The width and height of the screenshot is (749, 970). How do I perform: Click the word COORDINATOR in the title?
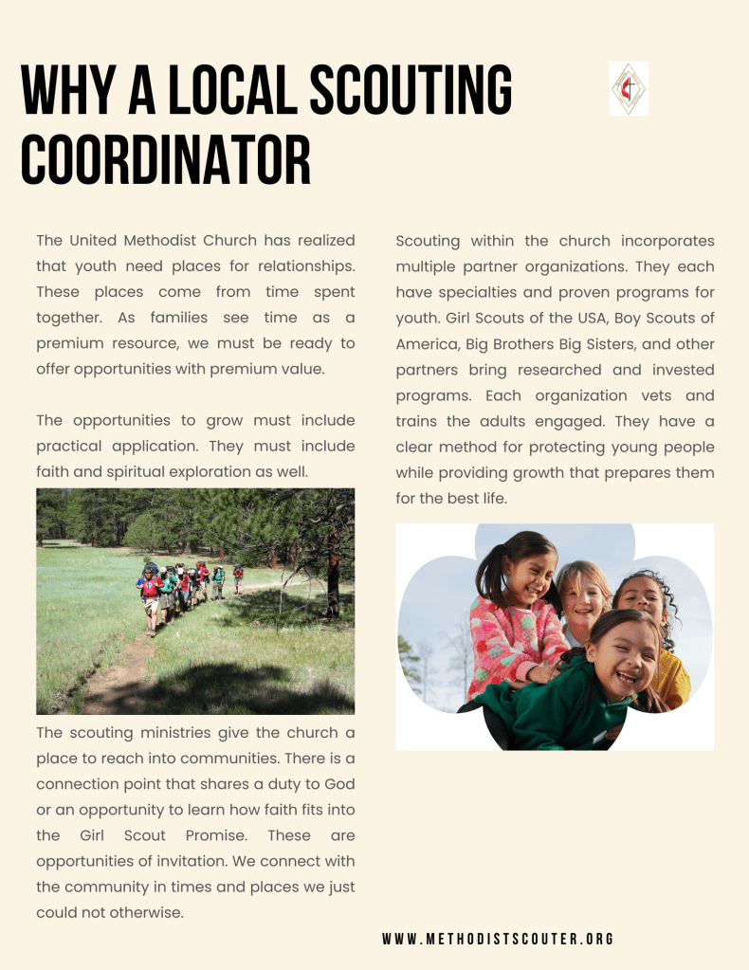[x=166, y=160]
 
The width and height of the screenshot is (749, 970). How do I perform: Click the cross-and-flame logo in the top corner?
[x=629, y=89]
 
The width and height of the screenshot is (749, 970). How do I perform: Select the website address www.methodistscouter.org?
[x=499, y=939]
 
